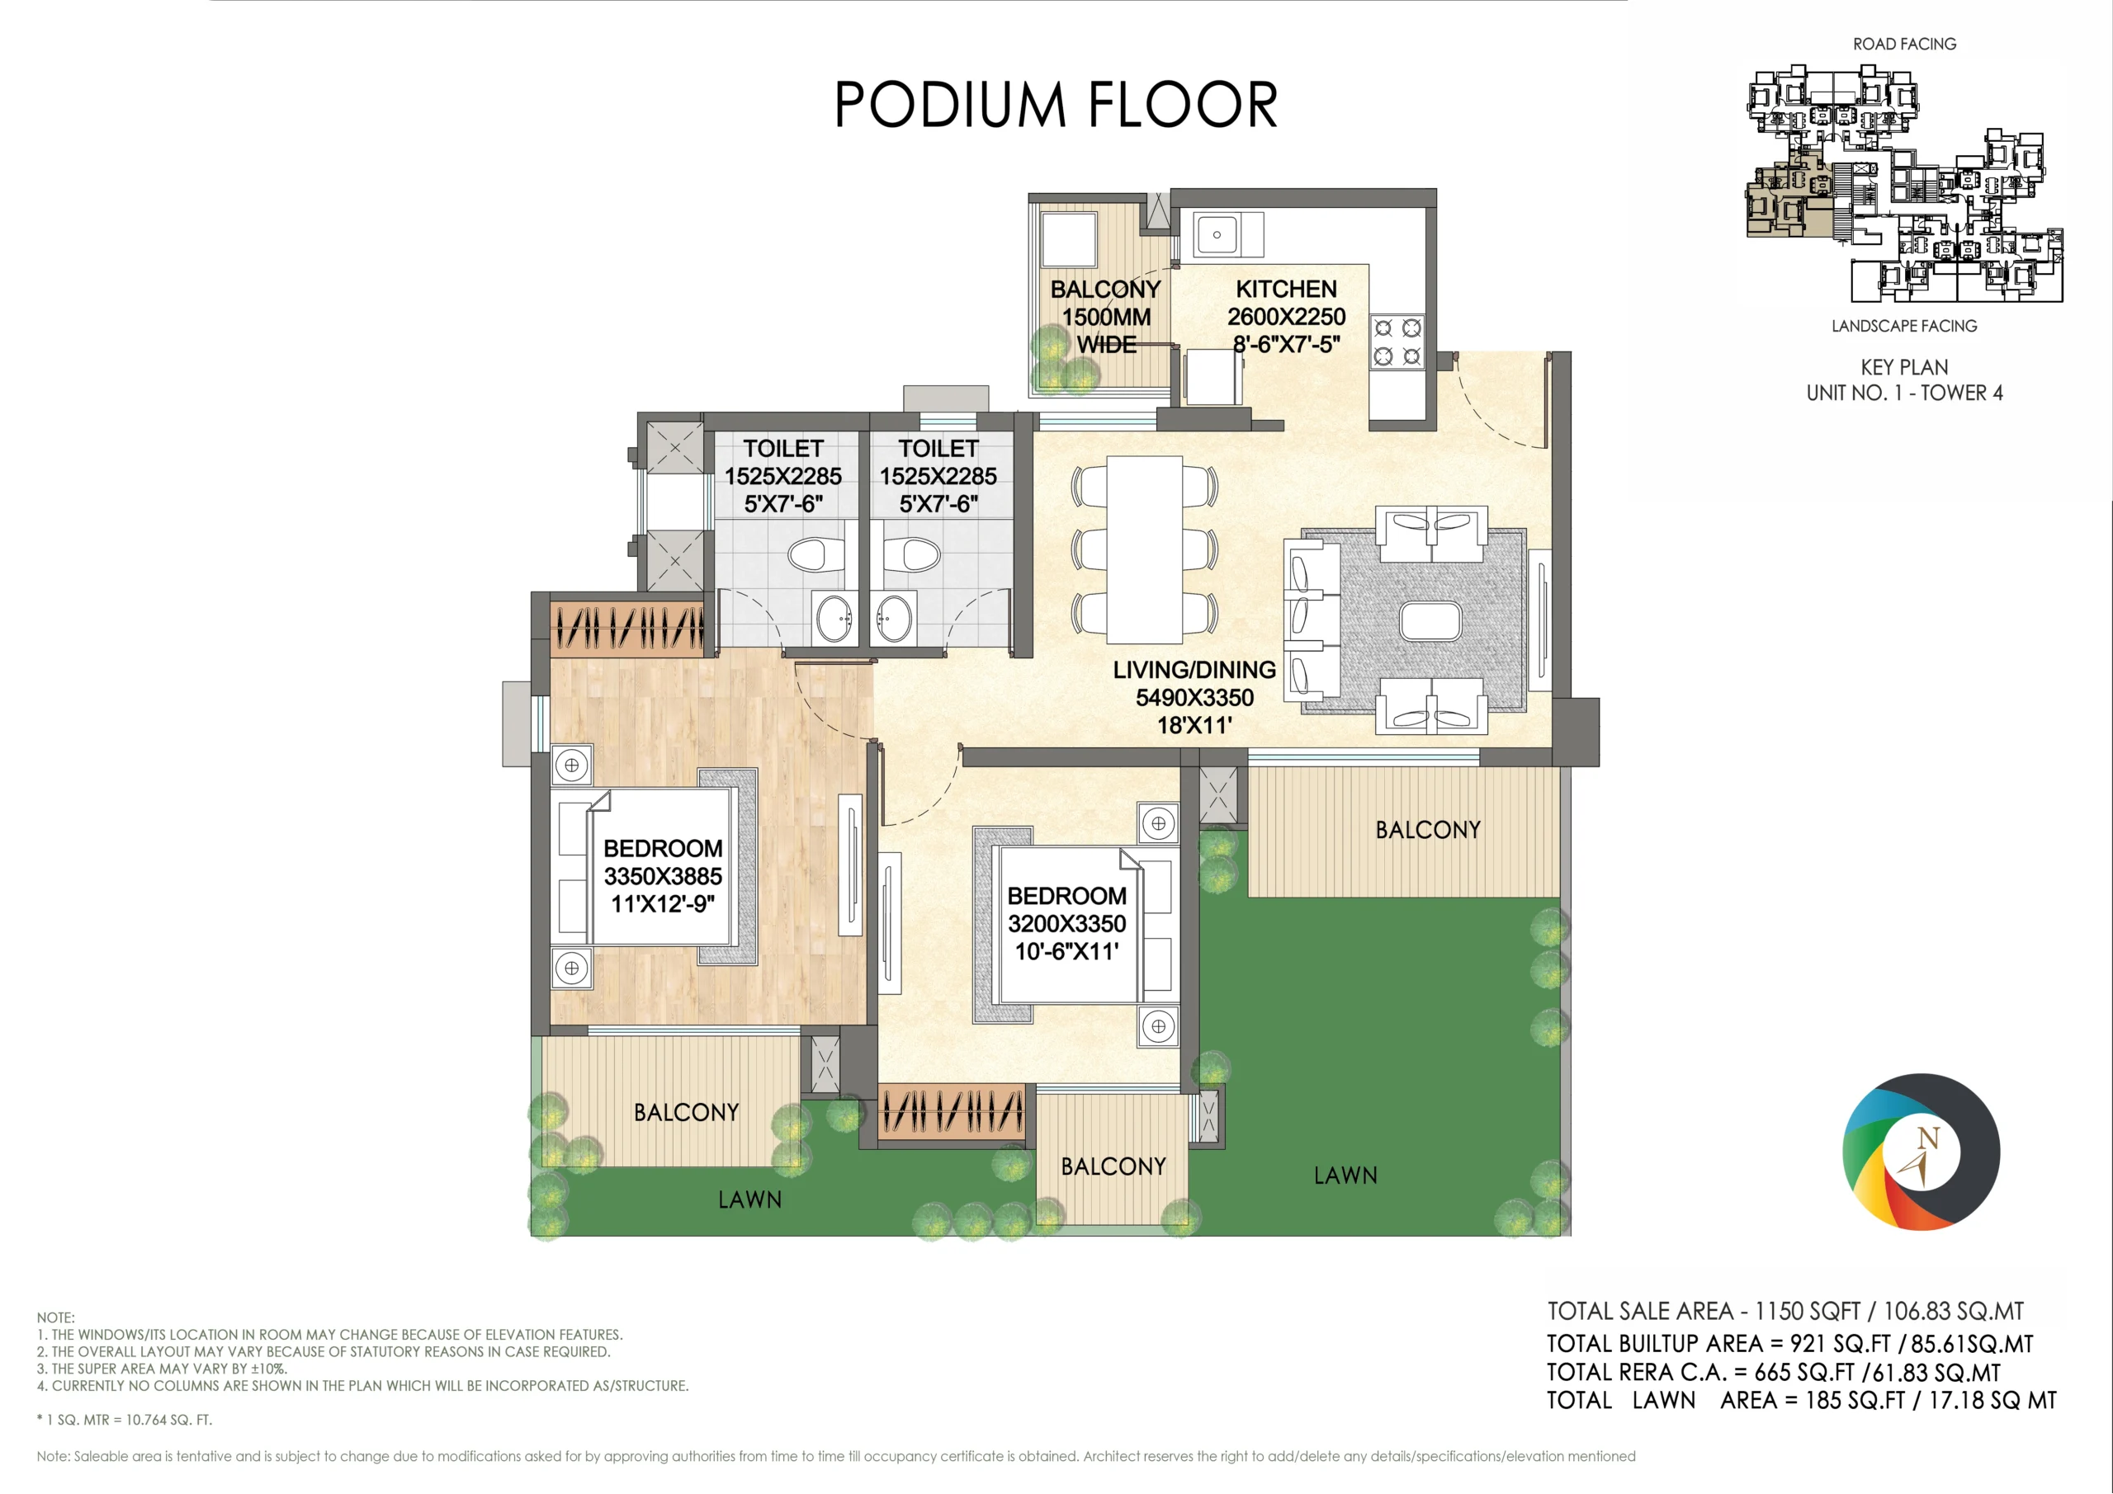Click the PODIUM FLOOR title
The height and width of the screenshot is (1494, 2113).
point(1056,104)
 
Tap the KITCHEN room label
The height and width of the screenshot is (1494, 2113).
point(1286,289)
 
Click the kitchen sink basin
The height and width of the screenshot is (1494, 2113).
point(1217,234)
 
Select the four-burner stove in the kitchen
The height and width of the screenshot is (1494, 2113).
point(1397,342)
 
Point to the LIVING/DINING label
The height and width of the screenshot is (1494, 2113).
point(1194,670)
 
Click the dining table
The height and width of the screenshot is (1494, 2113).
point(1145,549)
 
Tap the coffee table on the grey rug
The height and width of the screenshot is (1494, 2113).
point(1430,622)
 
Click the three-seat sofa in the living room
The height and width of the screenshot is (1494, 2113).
point(1314,622)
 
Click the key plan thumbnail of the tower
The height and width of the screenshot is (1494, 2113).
point(1905,184)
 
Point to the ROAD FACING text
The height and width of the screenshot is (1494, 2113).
point(1905,45)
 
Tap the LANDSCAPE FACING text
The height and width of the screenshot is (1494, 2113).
point(1904,326)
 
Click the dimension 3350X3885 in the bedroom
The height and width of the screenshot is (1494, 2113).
point(663,876)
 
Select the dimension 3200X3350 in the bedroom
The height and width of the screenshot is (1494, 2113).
point(1066,924)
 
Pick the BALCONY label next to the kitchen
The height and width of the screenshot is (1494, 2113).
point(1105,289)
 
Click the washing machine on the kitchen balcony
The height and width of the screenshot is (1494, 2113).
point(1067,239)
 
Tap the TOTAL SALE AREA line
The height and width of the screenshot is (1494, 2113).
point(1785,1311)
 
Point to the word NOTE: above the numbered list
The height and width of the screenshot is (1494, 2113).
point(56,1317)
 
